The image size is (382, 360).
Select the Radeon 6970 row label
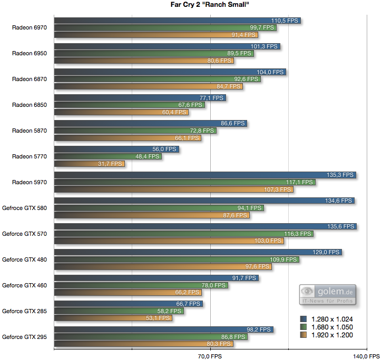(x=30, y=28)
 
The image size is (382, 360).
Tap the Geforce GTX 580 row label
(x=25, y=208)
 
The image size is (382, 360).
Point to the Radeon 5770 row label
(x=30, y=156)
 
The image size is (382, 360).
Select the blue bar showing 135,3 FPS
(x=205, y=175)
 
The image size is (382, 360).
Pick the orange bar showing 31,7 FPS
(x=90, y=164)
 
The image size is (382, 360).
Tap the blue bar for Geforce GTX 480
(x=198, y=252)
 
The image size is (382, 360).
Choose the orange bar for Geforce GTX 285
(x=113, y=318)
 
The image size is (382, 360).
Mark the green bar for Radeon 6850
(x=129, y=105)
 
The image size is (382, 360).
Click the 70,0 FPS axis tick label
(x=210, y=356)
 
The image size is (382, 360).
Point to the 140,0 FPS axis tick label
(x=366, y=356)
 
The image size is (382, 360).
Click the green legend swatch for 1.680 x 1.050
(x=303, y=327)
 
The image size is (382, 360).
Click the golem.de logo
(x=328, y=294)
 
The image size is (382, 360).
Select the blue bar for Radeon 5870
(x=151, y=123)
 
